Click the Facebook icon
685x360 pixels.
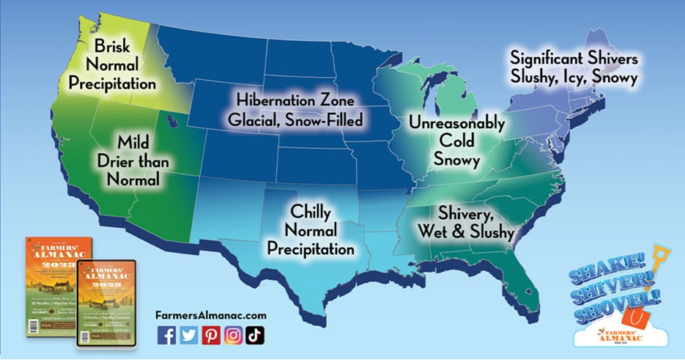click(166, 335)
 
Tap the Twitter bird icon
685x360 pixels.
click(189, 335)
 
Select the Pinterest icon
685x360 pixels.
click(211, 335)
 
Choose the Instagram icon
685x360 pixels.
click(233, 335)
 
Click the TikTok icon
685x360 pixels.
click(255, 335)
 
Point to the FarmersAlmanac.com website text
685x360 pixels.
click(210, 315)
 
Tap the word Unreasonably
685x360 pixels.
click(457, 123)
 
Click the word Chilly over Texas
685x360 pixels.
click(311, 212)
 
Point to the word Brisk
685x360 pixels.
click(112, 46)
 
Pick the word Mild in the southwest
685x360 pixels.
click(133, 143)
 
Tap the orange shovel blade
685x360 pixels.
click(635, 316)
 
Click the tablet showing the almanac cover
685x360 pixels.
click(106, 304)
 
